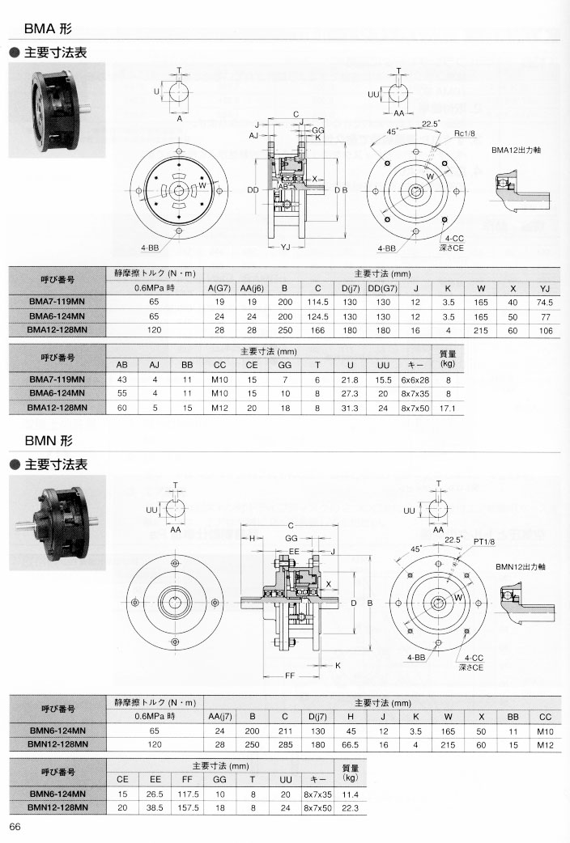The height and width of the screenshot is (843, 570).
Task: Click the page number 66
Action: click(15, 825)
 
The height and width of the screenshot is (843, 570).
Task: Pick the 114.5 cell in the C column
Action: click(318, 302)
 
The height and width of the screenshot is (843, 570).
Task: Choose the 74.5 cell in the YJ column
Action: click(544, 302)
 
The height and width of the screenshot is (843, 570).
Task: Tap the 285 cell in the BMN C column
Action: click(284, 743)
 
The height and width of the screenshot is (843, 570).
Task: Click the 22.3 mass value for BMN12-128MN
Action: click(350, 807)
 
